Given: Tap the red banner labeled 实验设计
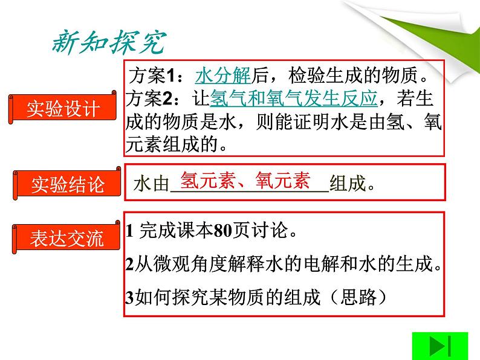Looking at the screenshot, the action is (x=62, y=108).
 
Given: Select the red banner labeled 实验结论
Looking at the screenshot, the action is (x=66, y=184).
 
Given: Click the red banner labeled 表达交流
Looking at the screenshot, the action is (x=66, y=237).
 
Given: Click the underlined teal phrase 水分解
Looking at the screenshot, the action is (x=223, y=76).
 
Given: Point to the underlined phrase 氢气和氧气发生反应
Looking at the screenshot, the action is (x=294, y=98).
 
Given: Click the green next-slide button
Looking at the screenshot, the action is (x=440, y=346).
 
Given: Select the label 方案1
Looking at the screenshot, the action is (x=152, y=76).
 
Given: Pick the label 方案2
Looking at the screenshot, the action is (x=149, y=98).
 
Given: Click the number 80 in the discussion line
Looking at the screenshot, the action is (x=222, y=230).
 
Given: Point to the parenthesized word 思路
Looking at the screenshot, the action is (x=358, y=297).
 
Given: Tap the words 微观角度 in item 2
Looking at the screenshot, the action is (x=190, y=263).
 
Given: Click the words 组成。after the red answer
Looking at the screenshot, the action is (x=352, y=183).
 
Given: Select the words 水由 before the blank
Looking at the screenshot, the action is (x=152, y=184).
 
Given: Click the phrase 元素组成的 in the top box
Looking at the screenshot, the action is (x=172, y=144).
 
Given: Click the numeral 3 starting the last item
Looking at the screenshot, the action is (x=129, y=297).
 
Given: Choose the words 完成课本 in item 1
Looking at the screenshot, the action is (x=176, y=230).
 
